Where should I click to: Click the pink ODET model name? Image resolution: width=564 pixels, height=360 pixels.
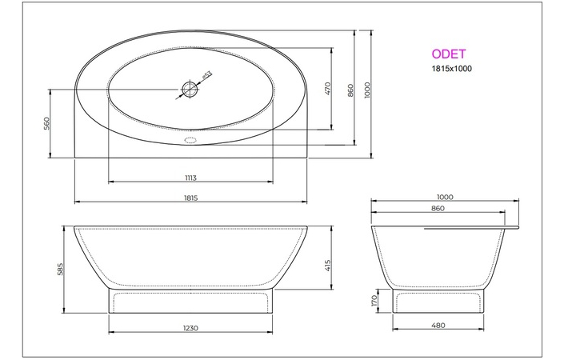[449, 55]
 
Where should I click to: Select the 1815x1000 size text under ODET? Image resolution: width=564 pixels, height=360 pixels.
[450, 69]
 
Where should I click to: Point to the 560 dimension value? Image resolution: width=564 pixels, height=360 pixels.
[47, 123]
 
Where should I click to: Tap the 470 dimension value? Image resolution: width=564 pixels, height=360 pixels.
[327, 89]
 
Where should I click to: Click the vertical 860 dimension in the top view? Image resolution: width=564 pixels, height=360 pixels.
[351, 90]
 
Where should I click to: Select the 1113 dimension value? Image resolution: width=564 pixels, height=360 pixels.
[190, 178]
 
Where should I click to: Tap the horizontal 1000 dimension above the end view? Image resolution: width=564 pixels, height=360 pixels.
[445, 197]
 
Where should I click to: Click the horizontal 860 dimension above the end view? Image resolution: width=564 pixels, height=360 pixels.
[438, 208]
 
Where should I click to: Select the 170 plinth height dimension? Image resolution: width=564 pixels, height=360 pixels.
[374, 302]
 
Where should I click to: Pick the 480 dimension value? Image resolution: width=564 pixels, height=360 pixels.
[437, 327]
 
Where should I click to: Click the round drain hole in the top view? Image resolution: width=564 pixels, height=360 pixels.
[190, 89]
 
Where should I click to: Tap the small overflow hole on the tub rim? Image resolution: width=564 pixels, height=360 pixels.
[190, 139]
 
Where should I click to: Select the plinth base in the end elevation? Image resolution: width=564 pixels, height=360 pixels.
[437, 302]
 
